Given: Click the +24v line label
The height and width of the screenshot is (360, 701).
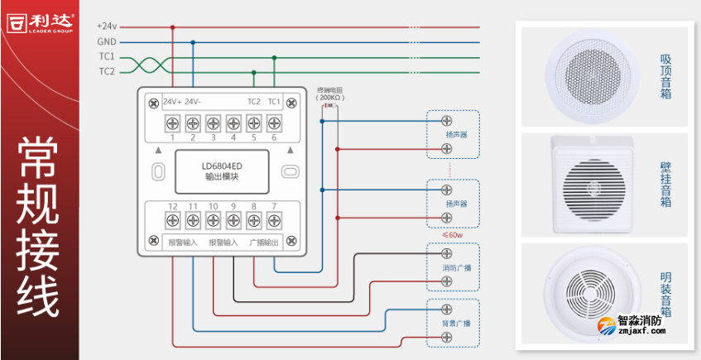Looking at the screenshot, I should pos(108,26).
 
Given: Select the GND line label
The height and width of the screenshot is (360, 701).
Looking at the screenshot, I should pos(107,41).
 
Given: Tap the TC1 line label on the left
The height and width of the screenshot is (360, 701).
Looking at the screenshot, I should pos(107,57).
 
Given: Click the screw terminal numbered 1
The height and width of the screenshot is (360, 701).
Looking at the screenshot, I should pos(173,123).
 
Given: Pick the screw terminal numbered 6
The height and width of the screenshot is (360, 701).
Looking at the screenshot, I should pos(273,123).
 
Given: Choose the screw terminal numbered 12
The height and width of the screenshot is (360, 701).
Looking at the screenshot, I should pos(173,220).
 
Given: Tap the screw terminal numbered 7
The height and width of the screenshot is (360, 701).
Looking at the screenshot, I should pos(273,220).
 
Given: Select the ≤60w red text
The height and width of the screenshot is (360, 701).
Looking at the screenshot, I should pos(452,234).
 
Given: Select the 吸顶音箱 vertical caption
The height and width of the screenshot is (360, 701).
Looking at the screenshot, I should pos(665,76).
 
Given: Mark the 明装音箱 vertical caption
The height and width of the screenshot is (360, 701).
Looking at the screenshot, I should pos(665,295).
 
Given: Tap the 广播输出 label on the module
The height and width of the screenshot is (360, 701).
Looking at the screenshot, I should pos(263,242).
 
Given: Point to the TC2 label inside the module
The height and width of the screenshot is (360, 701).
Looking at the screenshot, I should pos(253,102).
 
